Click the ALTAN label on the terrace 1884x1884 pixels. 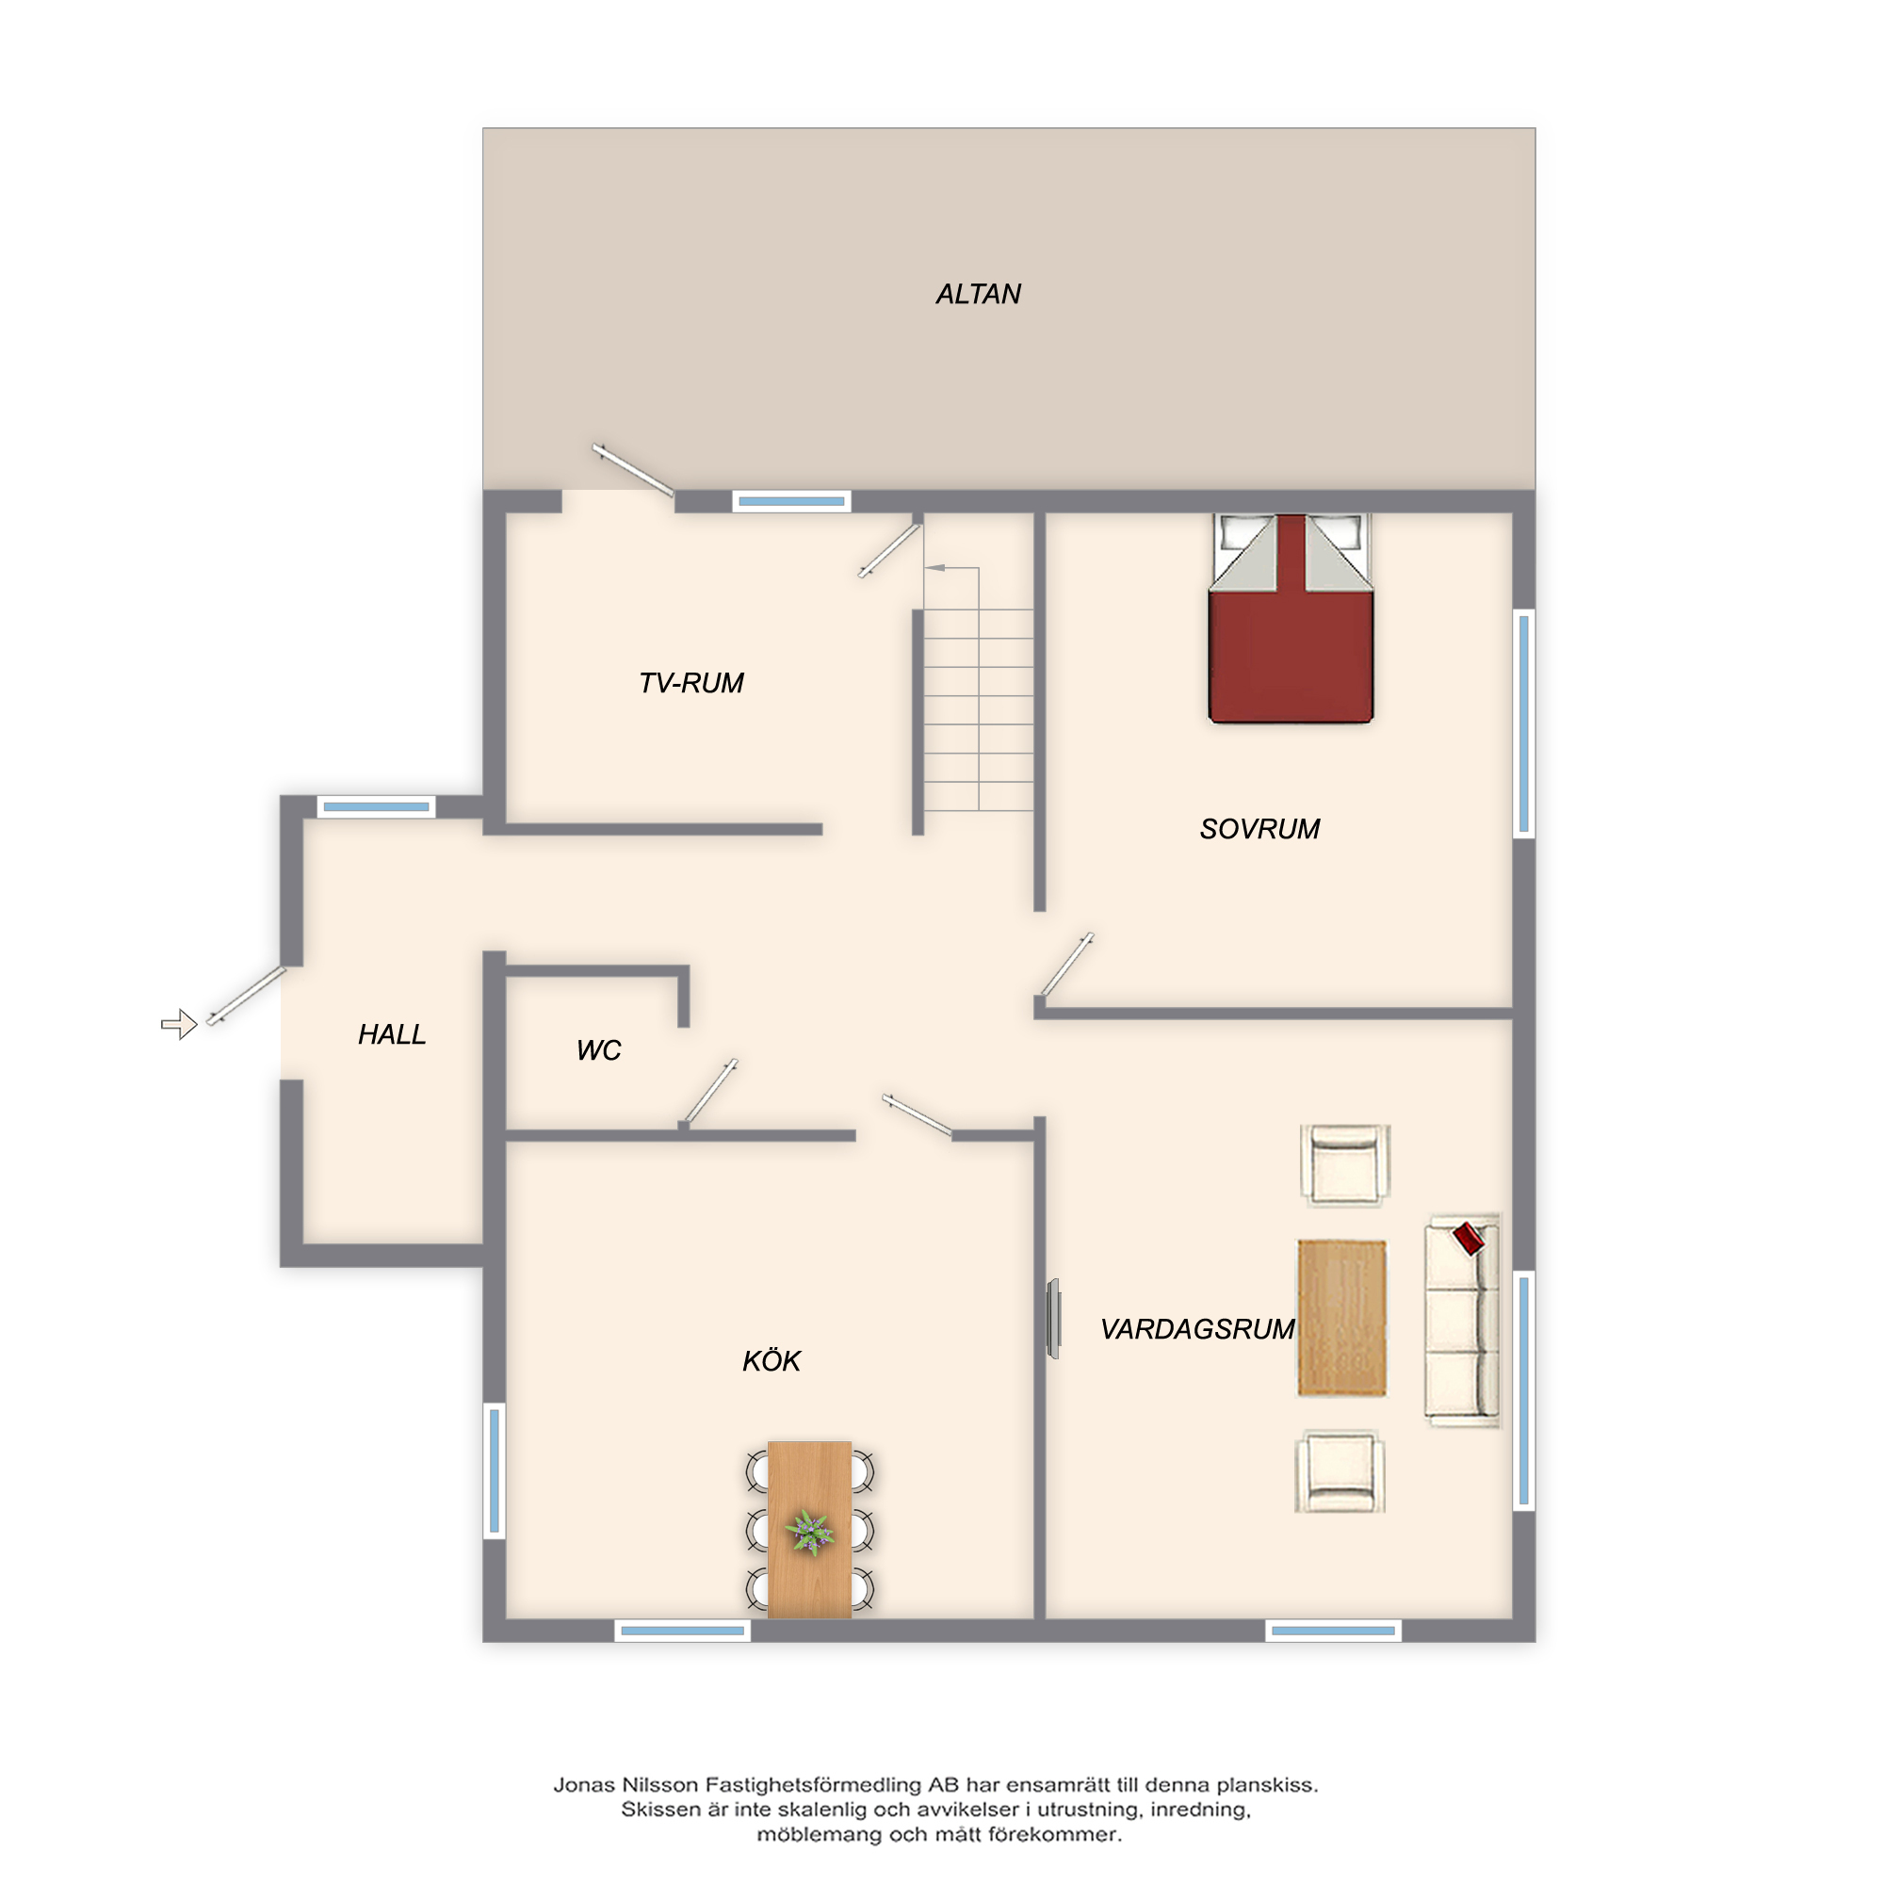click(x=978, y=294)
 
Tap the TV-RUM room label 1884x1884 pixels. click(x=691, y=683)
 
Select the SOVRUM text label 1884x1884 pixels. click(x=1259, y=829)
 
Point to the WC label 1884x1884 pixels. click(x=599, y=1050)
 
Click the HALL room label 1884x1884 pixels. click(x=392, y=1034)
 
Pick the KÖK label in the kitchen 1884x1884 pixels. click(x=771, y=1360)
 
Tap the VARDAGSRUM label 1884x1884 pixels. click(x=1197, y=1329)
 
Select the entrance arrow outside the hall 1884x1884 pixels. click(x=179, y=1024)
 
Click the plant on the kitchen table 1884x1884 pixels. click(x=809, y=1532)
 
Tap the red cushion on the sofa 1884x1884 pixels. click(x=1469, y=1239)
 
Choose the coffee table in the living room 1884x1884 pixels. click(x=1341, y=1319)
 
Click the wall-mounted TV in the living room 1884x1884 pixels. click(x=1053, y=1319)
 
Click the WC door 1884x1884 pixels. click(x=710, y=1092)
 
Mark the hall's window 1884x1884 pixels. click(x=377, y=806)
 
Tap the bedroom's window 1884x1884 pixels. click(x=1523, y=723)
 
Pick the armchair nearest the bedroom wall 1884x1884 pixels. click(x=1345, y=1164)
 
